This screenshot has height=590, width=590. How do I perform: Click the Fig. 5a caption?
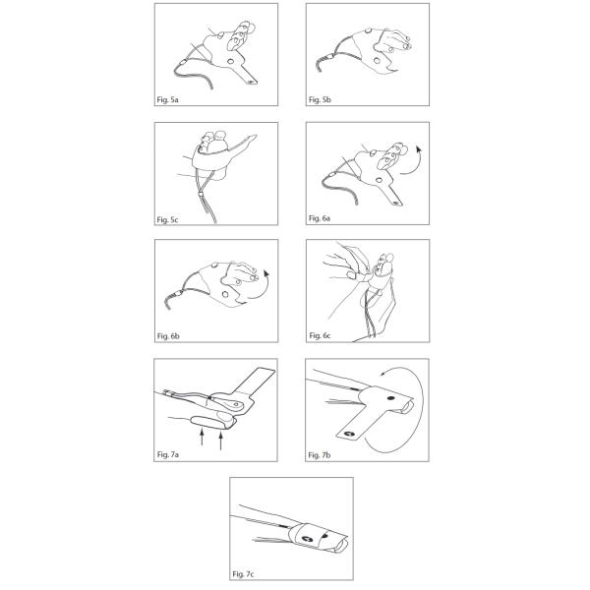[x=167, y=99]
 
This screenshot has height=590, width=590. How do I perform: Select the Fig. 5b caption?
[x=320, y=99]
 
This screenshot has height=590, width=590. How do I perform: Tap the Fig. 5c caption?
[x=167, y=219]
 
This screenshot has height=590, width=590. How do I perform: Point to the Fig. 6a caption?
[x=320, y=218]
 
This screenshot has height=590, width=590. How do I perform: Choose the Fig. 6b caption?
[x=168, y=336]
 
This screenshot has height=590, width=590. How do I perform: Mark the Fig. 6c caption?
[x=320, y=335]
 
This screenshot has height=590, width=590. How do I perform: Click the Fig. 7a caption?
[x=168, y=454]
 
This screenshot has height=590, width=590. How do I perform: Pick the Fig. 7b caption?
[x=320, y=455]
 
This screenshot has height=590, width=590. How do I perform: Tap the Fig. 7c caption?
[x=243, y=574]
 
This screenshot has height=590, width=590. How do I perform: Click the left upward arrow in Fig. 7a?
[x=202, y=439]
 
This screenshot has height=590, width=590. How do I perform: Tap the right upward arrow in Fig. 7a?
[x=221, y=441]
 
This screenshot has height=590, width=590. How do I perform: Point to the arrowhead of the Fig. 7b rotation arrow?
[x=383, y=373]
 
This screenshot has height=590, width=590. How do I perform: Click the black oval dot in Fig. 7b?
[x=390, y=397]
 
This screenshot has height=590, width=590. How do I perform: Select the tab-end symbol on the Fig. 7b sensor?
[x=349, y=434]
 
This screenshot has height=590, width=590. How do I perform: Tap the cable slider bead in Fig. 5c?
[x=201, y=195]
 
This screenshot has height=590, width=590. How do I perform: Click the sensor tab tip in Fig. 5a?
[x=252, y=82]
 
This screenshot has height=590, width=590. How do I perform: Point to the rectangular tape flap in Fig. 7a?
[x=255, y=382]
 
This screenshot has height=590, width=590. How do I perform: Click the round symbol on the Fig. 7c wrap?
[x=305, y=540]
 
